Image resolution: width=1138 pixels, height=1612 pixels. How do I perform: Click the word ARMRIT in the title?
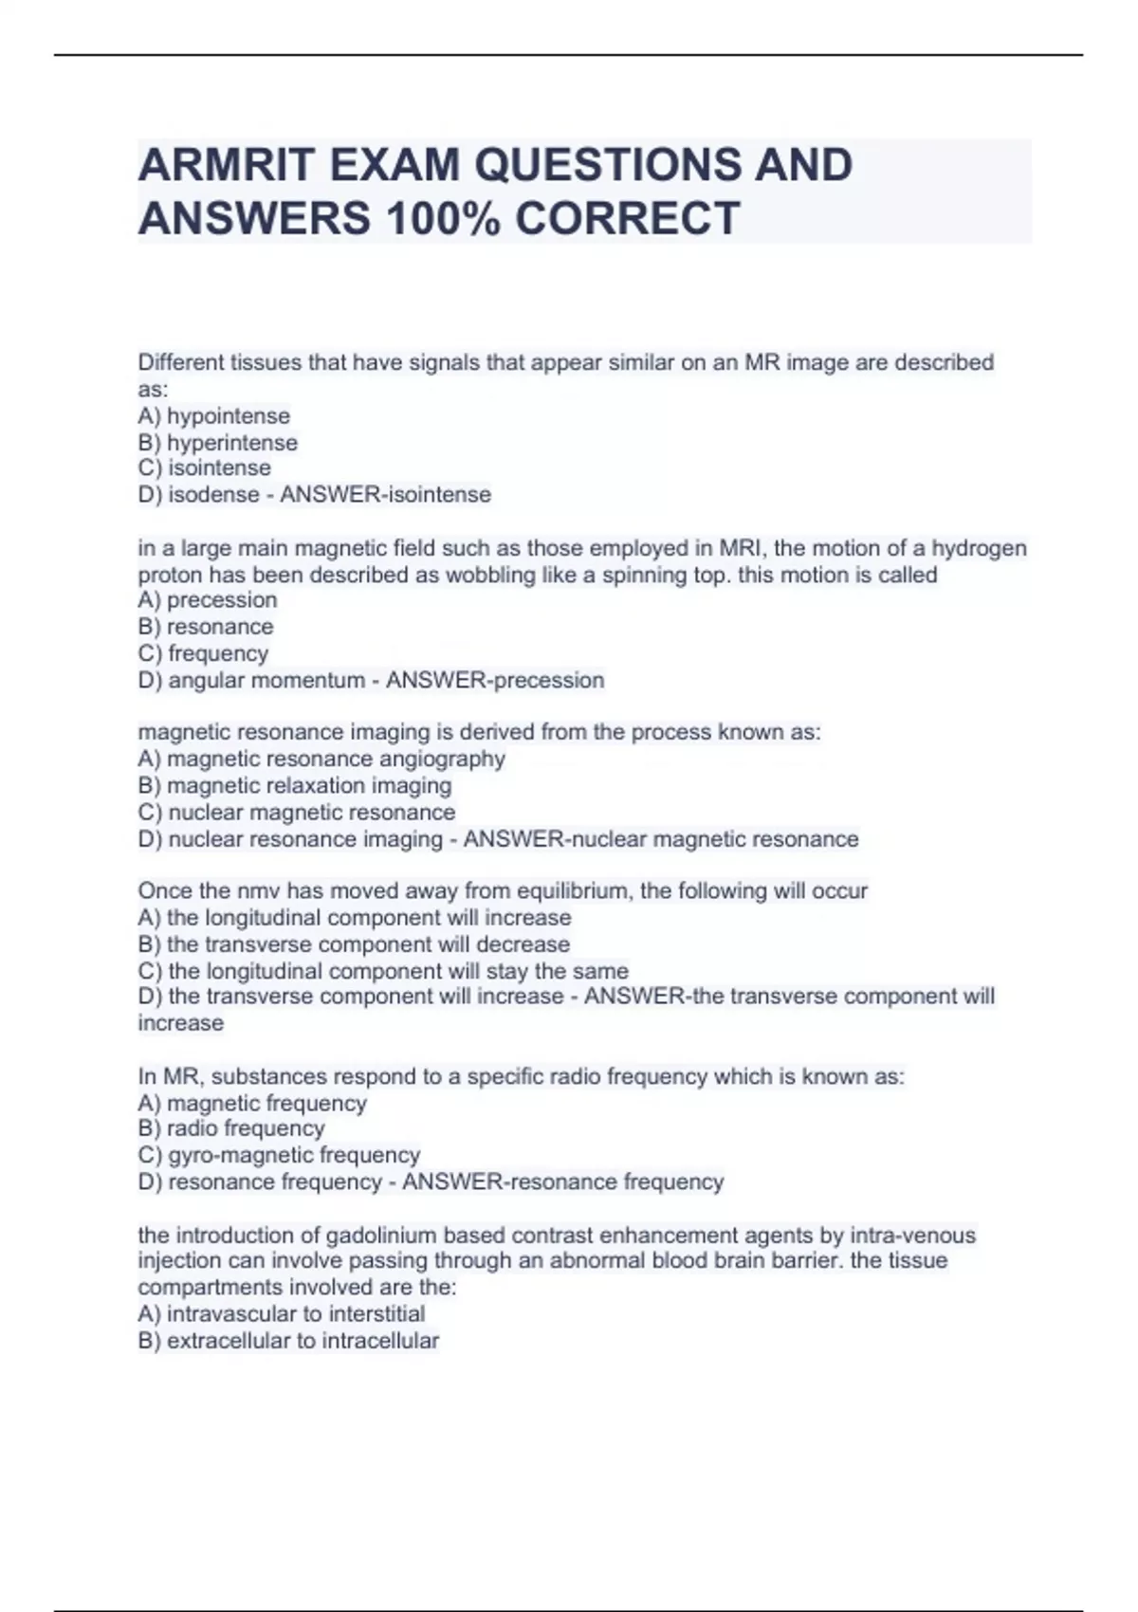(225, 165)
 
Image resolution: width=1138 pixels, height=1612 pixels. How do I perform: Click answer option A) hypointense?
(213, 416)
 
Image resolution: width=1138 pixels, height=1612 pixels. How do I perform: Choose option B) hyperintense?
(217, 443)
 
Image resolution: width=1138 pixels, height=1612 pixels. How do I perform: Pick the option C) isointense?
(204, 468)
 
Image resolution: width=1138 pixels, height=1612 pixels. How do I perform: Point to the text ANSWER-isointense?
(385, 495)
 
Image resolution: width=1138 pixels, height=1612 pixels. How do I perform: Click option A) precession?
(208, 600)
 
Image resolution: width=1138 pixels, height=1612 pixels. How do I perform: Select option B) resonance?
(205, 627)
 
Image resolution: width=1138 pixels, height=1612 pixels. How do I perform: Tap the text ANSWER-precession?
(494, 680)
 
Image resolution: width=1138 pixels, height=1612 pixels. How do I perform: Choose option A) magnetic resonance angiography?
(321, 759)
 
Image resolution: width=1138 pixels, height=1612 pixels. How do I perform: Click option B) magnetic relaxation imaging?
(294, 785)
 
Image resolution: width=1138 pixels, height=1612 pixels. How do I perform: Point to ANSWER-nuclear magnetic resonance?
(660, 839)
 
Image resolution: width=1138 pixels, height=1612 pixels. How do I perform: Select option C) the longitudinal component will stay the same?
(382, 971)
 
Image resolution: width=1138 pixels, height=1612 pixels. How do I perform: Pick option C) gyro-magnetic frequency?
(279, 1155)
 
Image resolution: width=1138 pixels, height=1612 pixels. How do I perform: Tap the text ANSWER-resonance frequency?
(562, 1182)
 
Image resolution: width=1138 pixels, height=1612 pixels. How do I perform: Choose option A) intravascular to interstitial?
(281, 1314)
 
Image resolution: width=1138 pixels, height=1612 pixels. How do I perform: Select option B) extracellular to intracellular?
(287, 1341)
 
